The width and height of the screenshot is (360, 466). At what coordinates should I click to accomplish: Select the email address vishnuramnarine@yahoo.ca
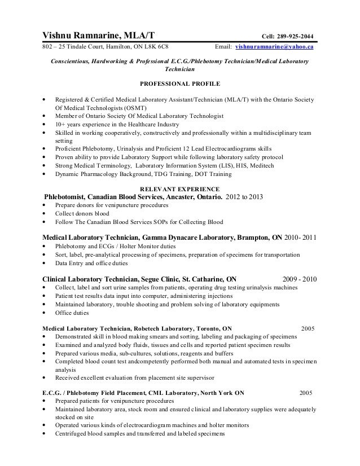click(275, 47)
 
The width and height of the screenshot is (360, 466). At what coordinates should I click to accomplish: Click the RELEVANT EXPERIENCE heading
click(180, 188)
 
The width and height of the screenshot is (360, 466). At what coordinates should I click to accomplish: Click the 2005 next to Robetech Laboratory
click(308, 327)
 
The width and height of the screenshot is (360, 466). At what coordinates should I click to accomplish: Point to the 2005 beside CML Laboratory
click(305, 392)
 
